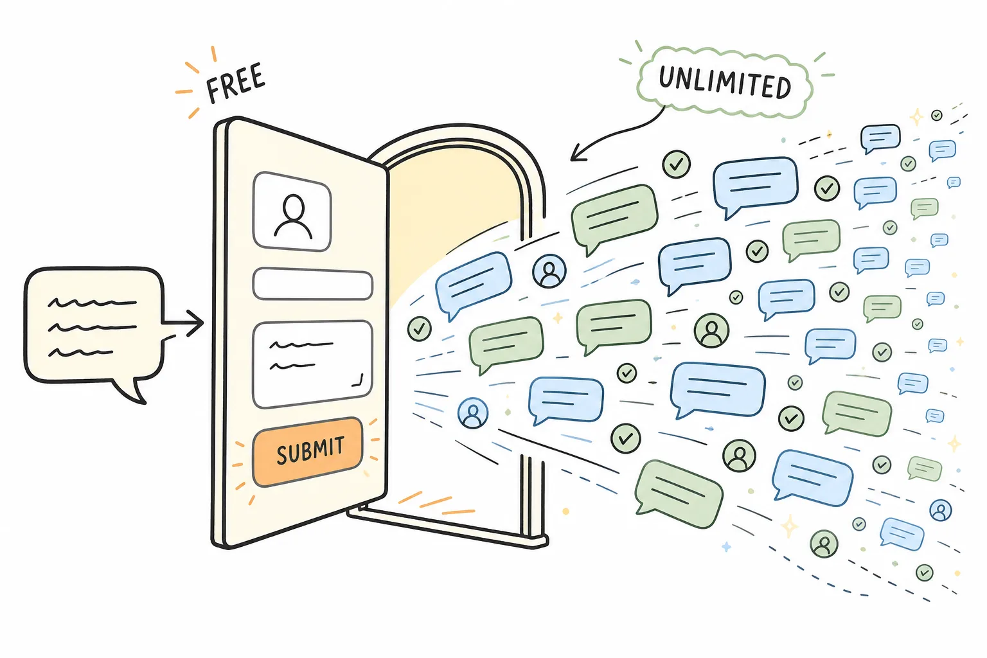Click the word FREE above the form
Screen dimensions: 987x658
[x=236, y=82]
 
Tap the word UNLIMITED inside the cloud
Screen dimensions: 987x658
[x=725, y=82]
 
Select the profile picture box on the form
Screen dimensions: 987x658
[x=292, y=211]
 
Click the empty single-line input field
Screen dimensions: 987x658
[x=313, y=284]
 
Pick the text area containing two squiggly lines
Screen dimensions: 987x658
[x=312, y=364]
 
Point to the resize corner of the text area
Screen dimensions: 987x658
[x=358, y=381]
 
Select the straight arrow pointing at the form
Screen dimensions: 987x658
[x=183, y=323]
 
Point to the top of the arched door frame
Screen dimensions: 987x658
[x=459, y=129]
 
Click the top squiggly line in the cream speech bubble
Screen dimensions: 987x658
[x=92, y=303]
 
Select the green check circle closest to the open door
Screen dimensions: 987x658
[x=419, y=329]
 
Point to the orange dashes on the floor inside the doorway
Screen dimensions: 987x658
[x=436, y=504]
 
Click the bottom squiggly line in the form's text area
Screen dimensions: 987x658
[x=292, y=367]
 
